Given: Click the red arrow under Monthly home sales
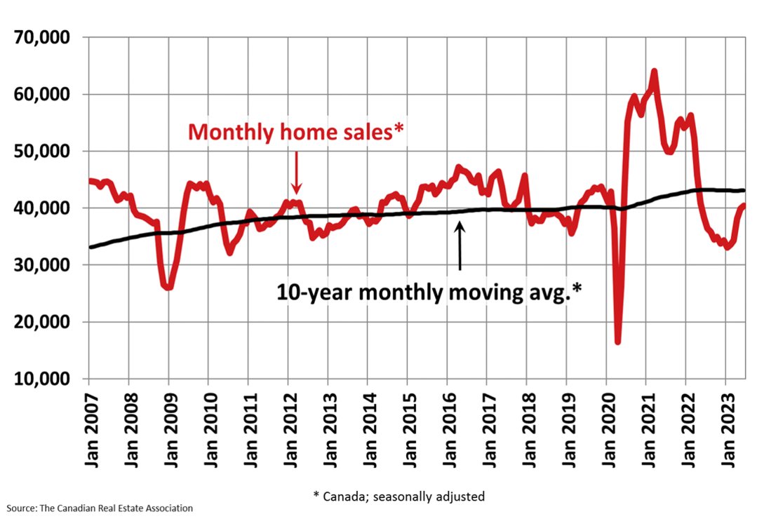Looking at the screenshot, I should (296, 173).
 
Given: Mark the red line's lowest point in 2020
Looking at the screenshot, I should (617, 342).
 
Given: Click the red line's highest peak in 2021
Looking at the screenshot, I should (654, 71).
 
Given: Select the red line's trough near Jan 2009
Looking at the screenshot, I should (168, 288).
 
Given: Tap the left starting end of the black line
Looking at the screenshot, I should (91, 247).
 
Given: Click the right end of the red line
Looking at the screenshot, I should (743, 205).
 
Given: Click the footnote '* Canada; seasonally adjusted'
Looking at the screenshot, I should (398, 496).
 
